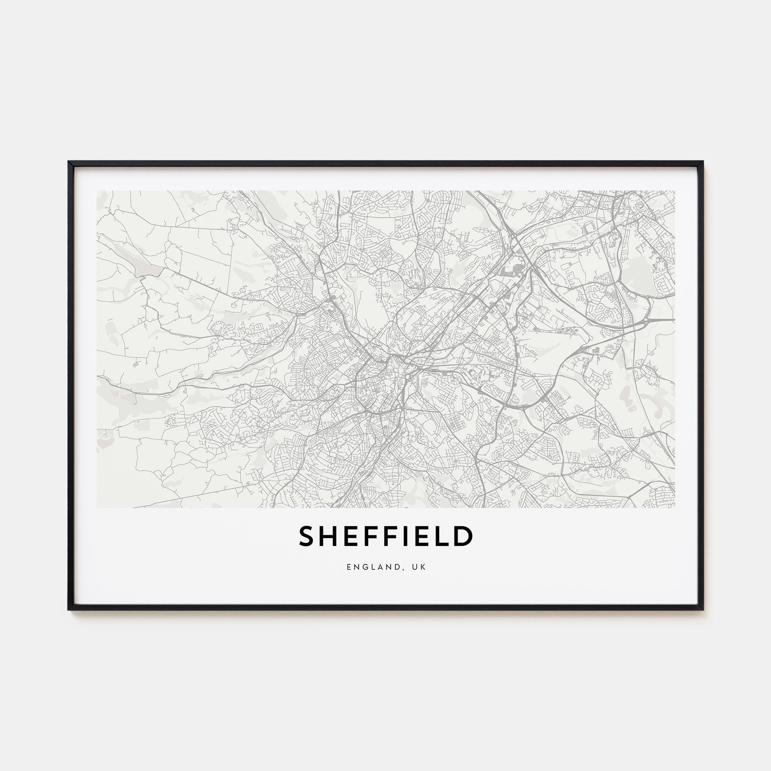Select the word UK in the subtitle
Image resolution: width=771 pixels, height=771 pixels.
[x=420, y=567]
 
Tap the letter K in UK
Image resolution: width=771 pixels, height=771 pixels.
[x=424, y=567]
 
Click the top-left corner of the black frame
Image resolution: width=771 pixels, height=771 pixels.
[x=69, y=162]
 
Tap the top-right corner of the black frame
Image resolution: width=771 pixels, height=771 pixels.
[x=703, y=162]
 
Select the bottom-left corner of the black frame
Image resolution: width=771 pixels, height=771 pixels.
[x=69, y=609]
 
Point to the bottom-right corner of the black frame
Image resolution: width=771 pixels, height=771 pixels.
[x=703, y=609]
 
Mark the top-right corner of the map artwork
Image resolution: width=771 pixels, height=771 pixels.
[x=675, y=191]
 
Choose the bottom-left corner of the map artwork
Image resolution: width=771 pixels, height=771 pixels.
[x=97, y=508]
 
